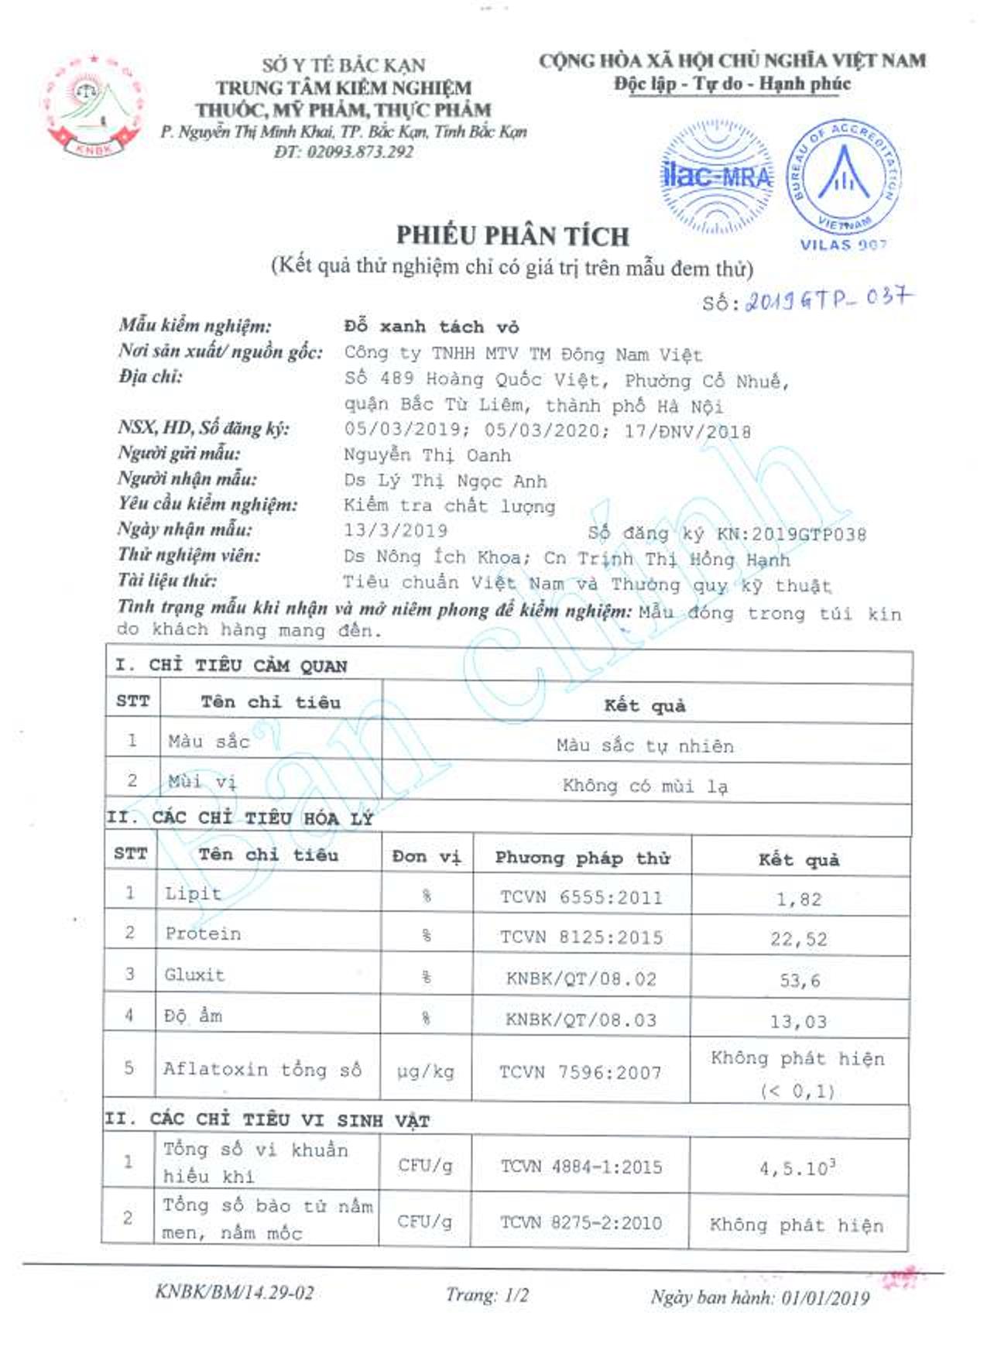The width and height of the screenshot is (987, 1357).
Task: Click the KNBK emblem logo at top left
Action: point(94,106)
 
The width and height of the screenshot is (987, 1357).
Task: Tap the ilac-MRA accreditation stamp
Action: point(717,176)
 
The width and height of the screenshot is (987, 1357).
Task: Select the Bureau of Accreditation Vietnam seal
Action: point(844,177)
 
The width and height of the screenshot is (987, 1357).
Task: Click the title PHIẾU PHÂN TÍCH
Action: point(512,235)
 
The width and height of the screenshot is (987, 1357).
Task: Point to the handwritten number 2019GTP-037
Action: point(828,299)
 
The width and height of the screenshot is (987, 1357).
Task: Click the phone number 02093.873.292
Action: point(344,152)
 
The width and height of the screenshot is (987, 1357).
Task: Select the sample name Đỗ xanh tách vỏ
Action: point(431,327)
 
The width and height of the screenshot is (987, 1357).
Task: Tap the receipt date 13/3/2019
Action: point(396,531)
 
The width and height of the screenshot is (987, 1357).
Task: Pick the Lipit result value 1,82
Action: point(799,900)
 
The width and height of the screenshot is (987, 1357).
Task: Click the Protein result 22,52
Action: point(799,940)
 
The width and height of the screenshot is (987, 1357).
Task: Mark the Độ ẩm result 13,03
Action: point(799,1022)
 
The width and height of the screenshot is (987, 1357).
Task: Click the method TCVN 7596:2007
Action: point(581,1072)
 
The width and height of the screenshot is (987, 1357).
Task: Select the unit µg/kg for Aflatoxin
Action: point(425,1072)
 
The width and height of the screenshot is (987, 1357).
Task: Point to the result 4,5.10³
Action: point(797,1168)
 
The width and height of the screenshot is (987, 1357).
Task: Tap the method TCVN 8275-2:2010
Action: point(581,1223)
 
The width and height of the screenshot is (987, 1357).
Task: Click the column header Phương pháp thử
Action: point(582,858)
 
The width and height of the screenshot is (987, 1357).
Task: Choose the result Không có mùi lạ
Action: point(645,786)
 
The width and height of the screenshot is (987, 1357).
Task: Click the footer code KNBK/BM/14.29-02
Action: point(235,1291)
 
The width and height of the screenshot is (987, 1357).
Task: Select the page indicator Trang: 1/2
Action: point(487,1294)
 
